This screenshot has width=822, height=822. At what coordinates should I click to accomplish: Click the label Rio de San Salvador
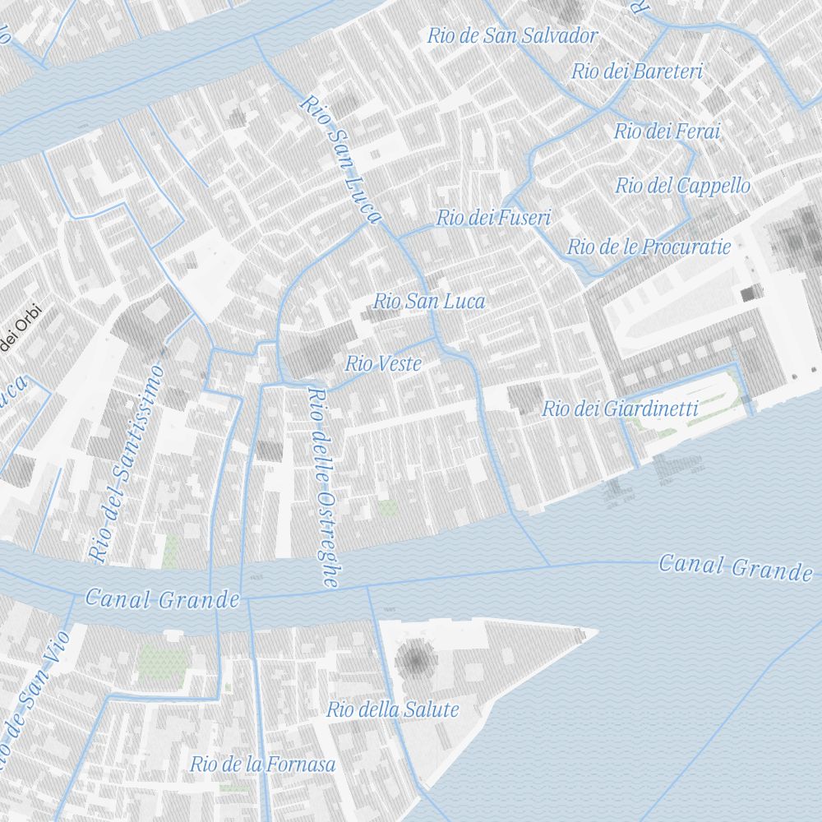[512, 35]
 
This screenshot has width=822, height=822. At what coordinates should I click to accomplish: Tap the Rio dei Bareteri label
[637, 72]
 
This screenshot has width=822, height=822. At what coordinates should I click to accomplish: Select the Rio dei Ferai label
[667, 131]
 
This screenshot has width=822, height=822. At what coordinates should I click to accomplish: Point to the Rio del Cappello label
[682, 186]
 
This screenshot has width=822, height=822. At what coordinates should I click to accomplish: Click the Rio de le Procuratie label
[649, 246]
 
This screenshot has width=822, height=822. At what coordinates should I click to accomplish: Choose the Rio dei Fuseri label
[493, 218]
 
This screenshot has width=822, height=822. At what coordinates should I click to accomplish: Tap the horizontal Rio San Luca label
[429, 301]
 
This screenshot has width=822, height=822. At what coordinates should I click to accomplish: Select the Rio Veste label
[383, 363]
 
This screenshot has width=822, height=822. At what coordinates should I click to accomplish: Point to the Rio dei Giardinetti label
[620, 409]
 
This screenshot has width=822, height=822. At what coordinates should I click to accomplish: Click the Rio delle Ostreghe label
[322, 487]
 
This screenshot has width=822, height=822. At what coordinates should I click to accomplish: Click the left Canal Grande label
[162, 599]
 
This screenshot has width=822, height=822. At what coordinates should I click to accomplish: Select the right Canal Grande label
[735, 566]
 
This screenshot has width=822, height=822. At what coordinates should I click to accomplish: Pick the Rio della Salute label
[393, 709]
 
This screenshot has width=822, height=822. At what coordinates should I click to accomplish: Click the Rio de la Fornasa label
[263, 764]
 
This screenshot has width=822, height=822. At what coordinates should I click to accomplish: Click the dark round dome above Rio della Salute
[416, 658]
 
